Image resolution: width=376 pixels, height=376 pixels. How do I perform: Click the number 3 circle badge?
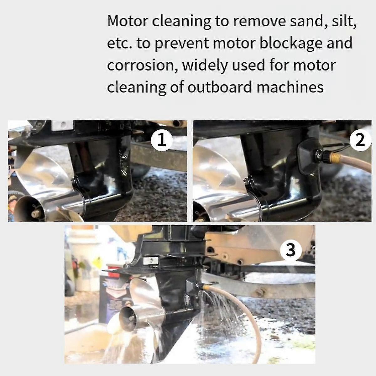291,250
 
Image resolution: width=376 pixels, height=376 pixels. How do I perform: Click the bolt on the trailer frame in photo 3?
260,293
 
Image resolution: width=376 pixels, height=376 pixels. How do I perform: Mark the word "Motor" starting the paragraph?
128,21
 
